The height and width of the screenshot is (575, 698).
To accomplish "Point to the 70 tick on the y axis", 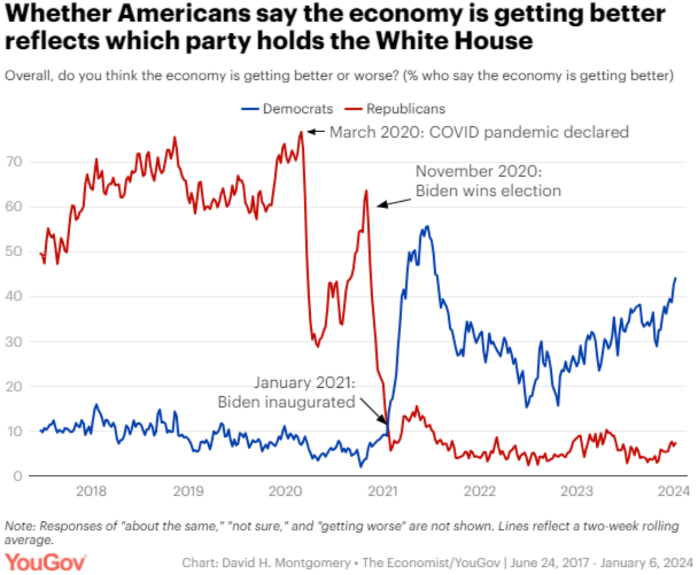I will coord(14,162).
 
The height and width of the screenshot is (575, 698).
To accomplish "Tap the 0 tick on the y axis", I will coord(17,476).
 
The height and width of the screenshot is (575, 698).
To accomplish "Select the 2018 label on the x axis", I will coord(91,492).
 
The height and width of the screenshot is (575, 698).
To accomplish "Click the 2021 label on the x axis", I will coord(382,492).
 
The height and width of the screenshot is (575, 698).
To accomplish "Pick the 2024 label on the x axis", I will coord(673,492).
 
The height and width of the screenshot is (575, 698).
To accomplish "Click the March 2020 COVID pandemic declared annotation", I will coord(479,132).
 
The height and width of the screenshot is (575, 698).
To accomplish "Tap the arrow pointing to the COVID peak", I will coord(316,131).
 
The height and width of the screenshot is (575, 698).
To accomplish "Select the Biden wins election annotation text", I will coord(488,181).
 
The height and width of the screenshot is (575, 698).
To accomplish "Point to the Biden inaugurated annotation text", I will coord(287,392).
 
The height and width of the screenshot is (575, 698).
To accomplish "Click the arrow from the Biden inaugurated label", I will coord(373,410).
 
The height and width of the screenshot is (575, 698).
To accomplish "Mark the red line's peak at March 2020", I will coord(301,132).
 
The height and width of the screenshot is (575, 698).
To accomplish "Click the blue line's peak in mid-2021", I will coord(427,226).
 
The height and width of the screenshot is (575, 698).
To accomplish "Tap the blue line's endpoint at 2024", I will coord(675,278).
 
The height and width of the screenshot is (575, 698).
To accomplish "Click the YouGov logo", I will coord(45,562).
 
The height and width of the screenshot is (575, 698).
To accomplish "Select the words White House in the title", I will coord(454,41).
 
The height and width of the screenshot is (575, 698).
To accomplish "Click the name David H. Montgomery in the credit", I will coord(286,563).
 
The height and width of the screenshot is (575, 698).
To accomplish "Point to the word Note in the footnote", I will coord(20,526).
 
